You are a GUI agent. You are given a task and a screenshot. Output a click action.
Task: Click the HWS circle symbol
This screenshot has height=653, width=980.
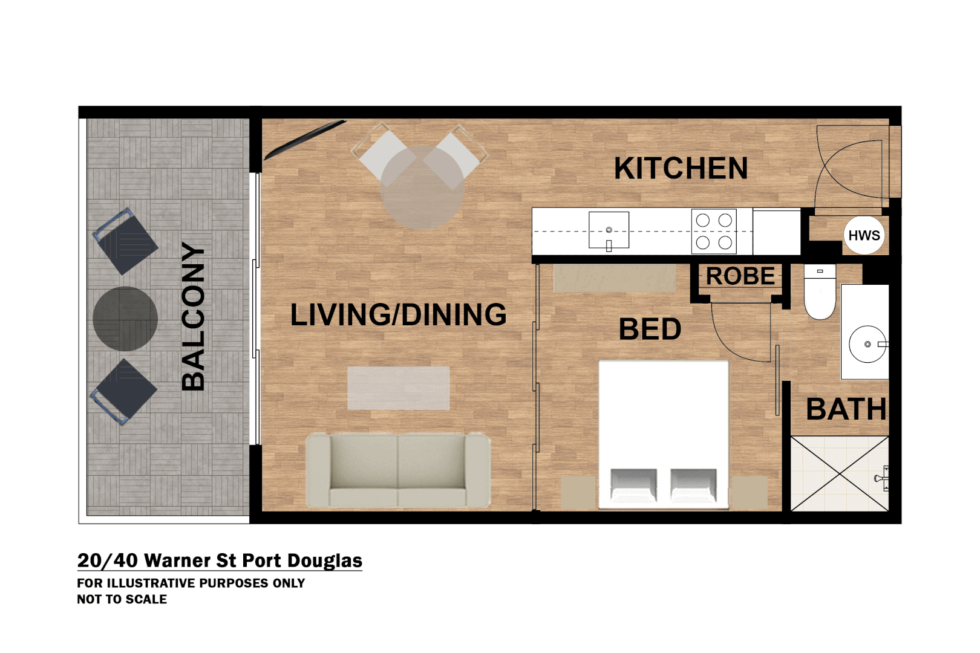point(864,235)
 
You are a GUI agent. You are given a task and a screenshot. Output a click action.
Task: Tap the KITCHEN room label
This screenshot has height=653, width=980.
point(681,168)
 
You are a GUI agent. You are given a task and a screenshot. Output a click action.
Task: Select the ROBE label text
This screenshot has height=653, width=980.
point(740,276)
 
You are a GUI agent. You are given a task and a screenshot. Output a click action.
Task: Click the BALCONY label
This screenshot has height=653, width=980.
point(193,316)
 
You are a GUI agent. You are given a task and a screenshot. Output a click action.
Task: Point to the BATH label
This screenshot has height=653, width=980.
point(846,409)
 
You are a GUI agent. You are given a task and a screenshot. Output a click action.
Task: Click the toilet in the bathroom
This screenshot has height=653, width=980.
point(820,291)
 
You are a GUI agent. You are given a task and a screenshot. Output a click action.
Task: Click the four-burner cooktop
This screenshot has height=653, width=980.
point(714,232)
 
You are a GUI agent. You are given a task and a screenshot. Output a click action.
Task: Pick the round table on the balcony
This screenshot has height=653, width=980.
point(125,319)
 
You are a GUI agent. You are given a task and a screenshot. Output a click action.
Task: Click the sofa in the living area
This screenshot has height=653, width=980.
point(398,470)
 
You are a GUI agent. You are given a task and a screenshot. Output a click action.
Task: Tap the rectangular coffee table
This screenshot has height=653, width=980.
point(398,388)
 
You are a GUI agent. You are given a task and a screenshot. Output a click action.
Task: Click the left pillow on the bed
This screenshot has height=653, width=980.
point(633,486)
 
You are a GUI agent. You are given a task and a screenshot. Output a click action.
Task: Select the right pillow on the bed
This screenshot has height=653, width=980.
point(693,486)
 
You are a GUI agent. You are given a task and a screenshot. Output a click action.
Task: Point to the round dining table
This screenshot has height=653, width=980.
point(422,187)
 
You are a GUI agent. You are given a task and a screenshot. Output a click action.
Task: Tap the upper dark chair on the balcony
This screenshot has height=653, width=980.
point(125,241)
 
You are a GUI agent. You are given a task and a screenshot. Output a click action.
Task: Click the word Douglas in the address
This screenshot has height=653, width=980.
point(324,561)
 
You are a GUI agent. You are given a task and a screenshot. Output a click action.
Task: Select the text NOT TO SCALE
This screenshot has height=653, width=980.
point(122,599)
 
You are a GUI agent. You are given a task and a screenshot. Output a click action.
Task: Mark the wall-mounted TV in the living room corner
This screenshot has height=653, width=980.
point(305,140)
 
